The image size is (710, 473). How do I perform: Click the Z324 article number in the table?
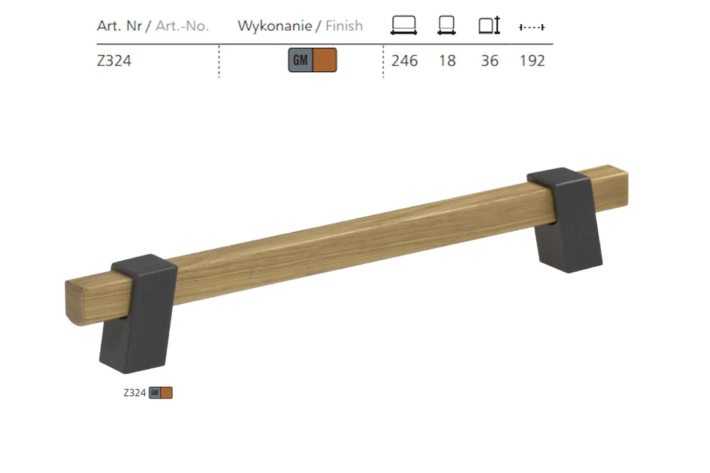pyautogui.click(x=114, y=61)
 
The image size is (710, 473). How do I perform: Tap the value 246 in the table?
pyautogui.click(x=404, y=61)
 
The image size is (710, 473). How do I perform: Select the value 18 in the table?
pyautogui.click(x=447, y=61)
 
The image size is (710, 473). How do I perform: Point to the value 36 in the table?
pyautogui.click(x=490, y=61)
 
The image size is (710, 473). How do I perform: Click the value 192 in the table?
pyautogui.click(x=532, y=61)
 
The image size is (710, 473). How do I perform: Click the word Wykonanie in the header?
pyautogui.click(x=275, y=25)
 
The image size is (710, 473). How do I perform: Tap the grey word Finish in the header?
pyautogui.click(x=344, y=25)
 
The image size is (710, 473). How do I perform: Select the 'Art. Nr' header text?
pyautogui.click(x=120, y=25)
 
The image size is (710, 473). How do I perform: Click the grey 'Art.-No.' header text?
pyautogui.click(x=182, y=25)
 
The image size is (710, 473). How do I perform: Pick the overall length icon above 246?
pyautogui.click(x=404, y=25)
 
